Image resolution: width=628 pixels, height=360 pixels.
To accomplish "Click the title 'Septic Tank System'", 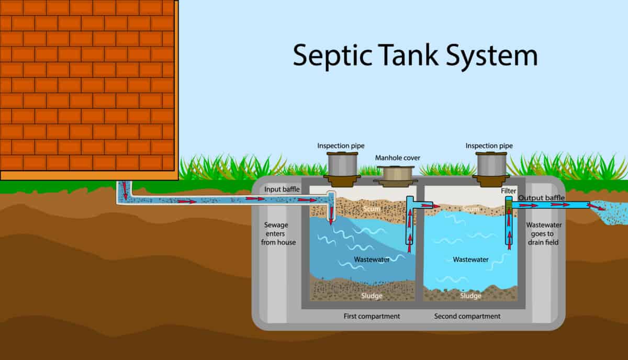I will click(415, 55).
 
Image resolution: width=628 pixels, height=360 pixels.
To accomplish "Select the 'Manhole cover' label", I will click(398, 157).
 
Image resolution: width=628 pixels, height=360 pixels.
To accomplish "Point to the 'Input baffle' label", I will click(282, 189).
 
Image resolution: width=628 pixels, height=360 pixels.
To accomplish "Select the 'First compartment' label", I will click(372, 316).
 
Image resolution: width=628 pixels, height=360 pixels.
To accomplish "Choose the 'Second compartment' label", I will click(467, 316).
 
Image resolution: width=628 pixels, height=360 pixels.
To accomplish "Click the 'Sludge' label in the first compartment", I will click(372, 296).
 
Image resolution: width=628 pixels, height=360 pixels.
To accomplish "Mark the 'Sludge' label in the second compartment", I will click(470, 296).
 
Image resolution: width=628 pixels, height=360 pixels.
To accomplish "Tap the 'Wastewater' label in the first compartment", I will click(372, 260).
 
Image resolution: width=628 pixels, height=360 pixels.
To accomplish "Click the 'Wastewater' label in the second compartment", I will click(470, 260).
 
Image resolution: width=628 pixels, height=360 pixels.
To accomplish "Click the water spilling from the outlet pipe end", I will click(607, 215).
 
